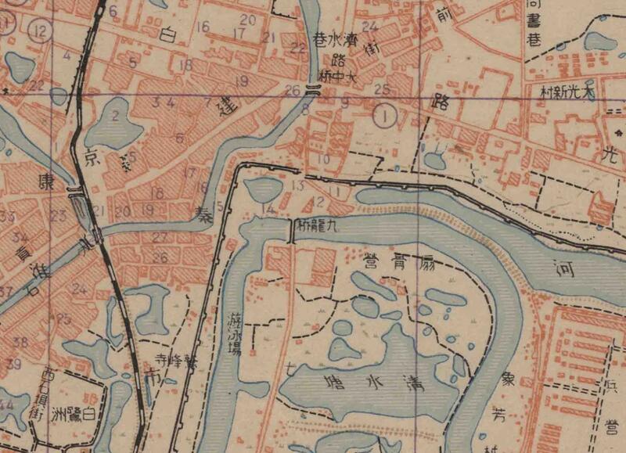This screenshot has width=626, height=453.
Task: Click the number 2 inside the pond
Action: (115, 117)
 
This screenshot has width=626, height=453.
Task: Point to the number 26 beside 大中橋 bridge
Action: (293, 88)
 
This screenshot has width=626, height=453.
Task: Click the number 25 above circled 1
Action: (381, 88)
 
